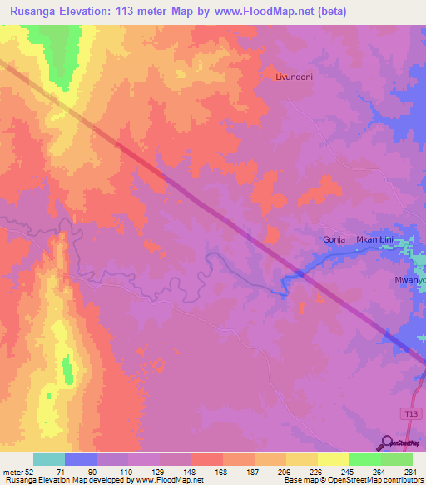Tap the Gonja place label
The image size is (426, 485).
334,239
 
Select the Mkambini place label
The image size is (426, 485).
374,239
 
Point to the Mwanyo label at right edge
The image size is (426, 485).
409,280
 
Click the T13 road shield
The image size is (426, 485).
408,413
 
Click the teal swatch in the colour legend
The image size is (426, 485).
49,459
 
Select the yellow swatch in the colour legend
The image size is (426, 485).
333,459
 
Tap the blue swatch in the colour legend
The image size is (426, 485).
81,459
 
